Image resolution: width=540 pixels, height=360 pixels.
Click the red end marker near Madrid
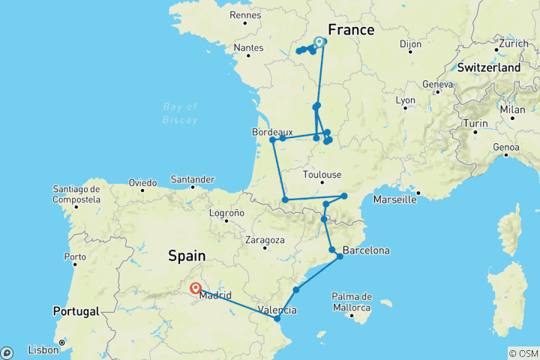pyautogui.click(x=195, y=287)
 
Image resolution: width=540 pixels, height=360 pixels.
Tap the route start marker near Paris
pyautogui.click(x=319, y=42)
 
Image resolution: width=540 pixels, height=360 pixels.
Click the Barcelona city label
pyautogui.click(x=366, y=250)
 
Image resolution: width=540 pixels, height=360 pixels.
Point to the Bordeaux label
pyautogui.click(x=272, y=131)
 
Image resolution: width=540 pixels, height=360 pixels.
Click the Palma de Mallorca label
pyautogui.click(x=353, y=303)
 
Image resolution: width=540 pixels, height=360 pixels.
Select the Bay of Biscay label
pyautogui.click(x=180, y=112)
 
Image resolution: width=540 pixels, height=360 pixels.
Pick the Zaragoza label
pyautogui.click(x=265, y=240)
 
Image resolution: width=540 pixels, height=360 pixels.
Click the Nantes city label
pyautogui.click(x=248, y=47)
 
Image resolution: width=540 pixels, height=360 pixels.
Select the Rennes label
pyautogui.click(x=245, y=14)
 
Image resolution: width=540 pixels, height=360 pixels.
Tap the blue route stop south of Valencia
pyautogui.click(x=277, y=319)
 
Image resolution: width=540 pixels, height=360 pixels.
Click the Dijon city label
pyautogui.click(x=410, y=44)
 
